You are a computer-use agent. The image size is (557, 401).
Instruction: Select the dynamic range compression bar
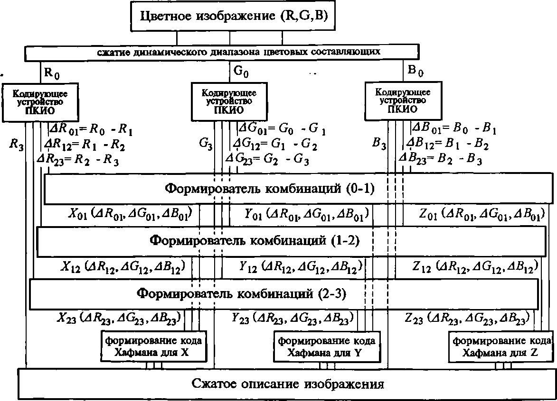point(222,52)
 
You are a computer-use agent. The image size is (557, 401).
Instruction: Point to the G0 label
point(242,72)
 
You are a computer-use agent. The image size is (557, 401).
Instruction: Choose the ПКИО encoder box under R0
point(40,101)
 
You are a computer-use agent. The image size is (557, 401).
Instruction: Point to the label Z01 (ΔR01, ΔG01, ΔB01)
point(481,215)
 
